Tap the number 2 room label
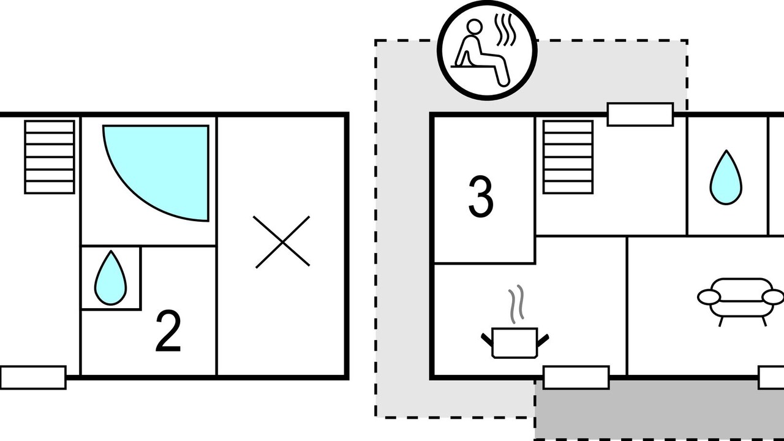pyautogui.click(x=168, y=331)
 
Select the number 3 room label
pyautogui.click(x=481, y=197)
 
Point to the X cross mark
pyautogui.click(x=282, y=242)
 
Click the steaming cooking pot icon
pyautogui.click(x=514, y=342)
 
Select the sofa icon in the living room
pyautogui.click(x=740, y=298)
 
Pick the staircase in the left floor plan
pyautogui.click(x=50, y=157)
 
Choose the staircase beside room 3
pyautogui.click(x=568, y=157)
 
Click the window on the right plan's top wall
pyautogui.click(x=640, y=115)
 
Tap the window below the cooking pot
pyautogui.click(x=576, y=377)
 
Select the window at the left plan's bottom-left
pyautogui.click(x=33, y=377)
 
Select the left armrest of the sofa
pyautogui.click(x=708, y=297)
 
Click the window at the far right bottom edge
pyautogui.click(x=771, y=377)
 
